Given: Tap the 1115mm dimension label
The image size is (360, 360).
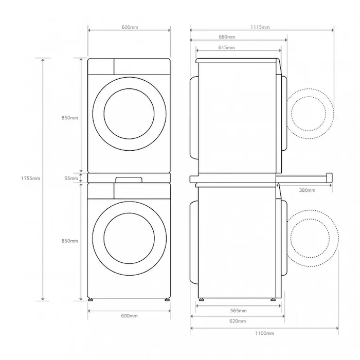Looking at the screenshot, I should [261, 27].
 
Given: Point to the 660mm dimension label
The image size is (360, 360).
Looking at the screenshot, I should [227, 37].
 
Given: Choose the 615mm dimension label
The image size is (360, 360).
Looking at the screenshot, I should [226, 47].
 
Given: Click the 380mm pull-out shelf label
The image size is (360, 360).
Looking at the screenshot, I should [307, 190].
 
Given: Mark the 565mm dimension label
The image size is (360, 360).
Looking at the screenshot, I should [238, 311].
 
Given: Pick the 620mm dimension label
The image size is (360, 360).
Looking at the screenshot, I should [238, 321].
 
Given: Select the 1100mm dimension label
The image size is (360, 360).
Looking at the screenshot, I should [264, 333].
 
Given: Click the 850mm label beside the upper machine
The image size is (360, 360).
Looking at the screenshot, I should [69, 118].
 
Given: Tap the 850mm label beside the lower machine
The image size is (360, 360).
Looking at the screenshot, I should [69, 241].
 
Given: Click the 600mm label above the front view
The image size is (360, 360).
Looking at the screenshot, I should [129, 27].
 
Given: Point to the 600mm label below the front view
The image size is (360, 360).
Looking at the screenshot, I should [129, 316].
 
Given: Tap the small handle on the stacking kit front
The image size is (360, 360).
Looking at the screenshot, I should [129, 179].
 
